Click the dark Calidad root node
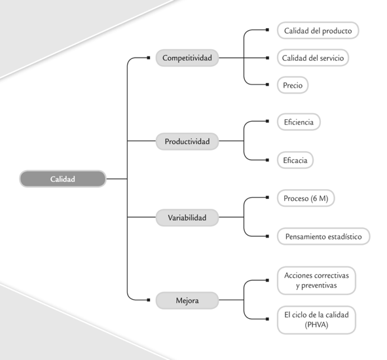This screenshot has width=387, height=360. (x=63, y=179)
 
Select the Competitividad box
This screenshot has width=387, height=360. (x=187, y=58)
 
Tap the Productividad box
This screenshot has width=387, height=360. (x=187, y=141)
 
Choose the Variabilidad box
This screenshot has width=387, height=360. (x=187, y=217)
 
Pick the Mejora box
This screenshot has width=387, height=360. (x=187, y=300)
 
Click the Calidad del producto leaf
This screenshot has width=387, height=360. (x=318, y=31)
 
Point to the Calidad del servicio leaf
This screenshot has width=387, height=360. (x=313, y=58)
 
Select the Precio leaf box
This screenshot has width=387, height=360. (x=293, y=85)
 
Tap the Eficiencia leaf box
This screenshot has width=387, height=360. (x=299, y=122)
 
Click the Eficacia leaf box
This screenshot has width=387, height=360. (x=295, y=160)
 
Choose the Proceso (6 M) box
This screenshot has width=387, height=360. (x=306, y=198)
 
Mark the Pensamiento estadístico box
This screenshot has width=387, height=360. (x=323, y=236)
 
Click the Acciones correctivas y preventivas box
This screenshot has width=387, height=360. (x=316, y=281)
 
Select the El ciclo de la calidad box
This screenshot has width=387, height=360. (x=316, y=320)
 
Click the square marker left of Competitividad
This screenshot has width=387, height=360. (x=149, y=58)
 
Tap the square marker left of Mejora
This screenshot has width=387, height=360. (x=149, y=300)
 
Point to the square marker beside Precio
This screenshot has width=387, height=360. (x=267, y=84)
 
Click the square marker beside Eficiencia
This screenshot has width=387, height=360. (x=267, y=121)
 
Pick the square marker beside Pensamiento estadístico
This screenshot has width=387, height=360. (x=267, y=236)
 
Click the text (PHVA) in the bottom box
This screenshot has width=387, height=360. (x=316, y=325)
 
